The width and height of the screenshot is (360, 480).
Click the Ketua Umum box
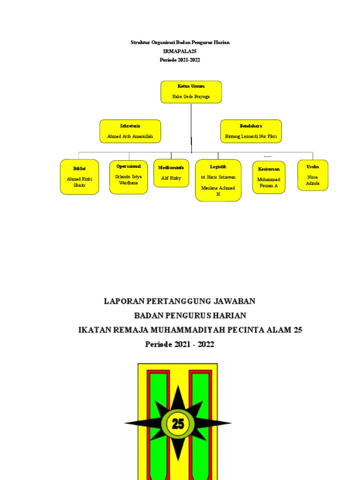point(191,92)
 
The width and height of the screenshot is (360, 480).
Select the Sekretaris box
point(130,131)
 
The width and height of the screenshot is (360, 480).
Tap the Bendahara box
point(251,131)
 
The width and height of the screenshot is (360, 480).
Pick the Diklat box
point(79,177)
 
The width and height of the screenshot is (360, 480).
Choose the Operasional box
point(128,177)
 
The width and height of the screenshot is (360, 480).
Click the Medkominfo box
point(171,173)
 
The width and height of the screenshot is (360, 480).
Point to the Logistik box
point(218,180)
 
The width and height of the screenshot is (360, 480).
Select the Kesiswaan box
point(269,177)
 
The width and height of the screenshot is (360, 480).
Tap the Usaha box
point(313,175)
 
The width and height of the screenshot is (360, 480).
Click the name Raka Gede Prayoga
point(191,97)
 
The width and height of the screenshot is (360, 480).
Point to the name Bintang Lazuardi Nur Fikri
point(251,137)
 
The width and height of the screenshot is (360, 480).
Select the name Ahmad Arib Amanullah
point(130,137)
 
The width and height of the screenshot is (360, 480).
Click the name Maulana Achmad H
point(218,191)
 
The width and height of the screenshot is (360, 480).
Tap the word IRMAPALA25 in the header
point(180,51)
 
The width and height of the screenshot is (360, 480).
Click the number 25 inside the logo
point(178,424)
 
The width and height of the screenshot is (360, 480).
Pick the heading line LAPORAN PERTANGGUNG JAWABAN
point(180,301)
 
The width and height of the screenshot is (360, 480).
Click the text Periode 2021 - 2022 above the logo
point(180,345)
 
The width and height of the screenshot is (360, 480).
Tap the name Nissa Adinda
point(313,180)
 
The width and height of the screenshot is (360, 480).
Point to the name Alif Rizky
point(171,178)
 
